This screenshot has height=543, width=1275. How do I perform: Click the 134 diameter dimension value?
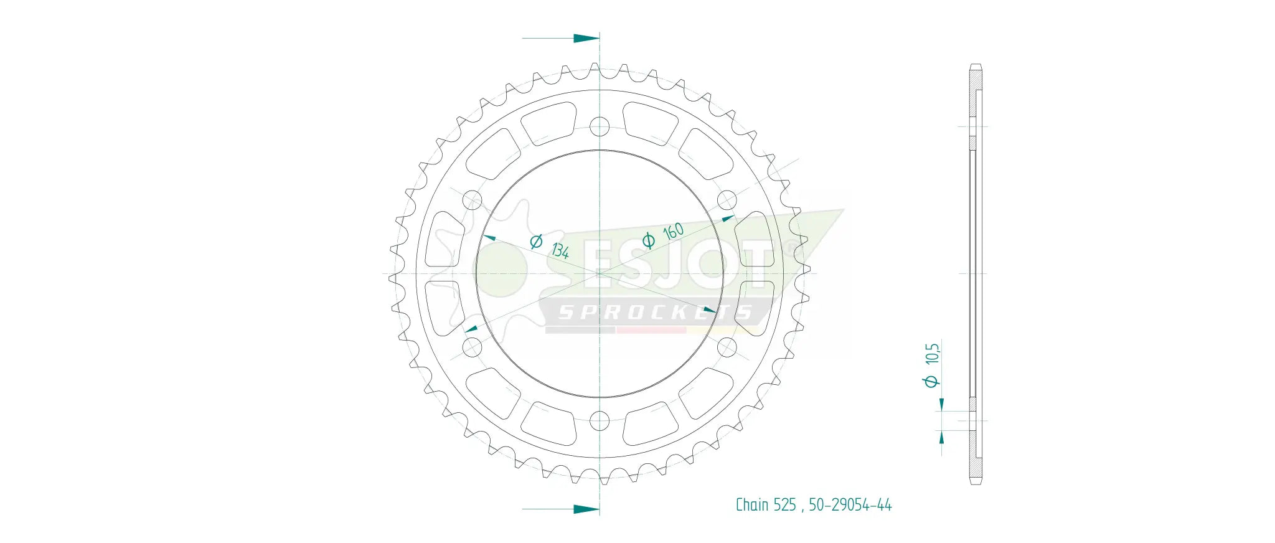tap(560, 250)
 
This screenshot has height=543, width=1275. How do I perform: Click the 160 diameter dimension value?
tap(673, 232)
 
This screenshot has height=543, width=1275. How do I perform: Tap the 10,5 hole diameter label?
tap(932, 354)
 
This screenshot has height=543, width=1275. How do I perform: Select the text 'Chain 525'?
tap(766, 505)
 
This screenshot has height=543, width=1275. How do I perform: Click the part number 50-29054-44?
tap(850, 505)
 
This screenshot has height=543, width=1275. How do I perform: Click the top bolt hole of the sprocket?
tap(600, 127)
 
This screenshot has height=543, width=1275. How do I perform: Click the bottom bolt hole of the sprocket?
tap(600, 421)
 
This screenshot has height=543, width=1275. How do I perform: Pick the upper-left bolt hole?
tap(473, 201)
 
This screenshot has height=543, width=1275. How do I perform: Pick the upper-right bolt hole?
tap(727, 201)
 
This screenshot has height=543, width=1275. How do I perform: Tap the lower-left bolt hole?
tap(473, 347)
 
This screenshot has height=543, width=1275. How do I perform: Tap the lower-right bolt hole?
tap(727, 347)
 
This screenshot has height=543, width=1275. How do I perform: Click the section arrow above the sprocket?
tap(586, 39)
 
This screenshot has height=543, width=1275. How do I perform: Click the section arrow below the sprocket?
tap(586, 509)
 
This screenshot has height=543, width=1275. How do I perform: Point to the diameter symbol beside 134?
tap(536, 241)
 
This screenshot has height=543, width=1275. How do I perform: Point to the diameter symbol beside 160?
tap(648, 240)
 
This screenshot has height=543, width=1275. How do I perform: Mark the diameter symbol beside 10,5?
tap(931, 380)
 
